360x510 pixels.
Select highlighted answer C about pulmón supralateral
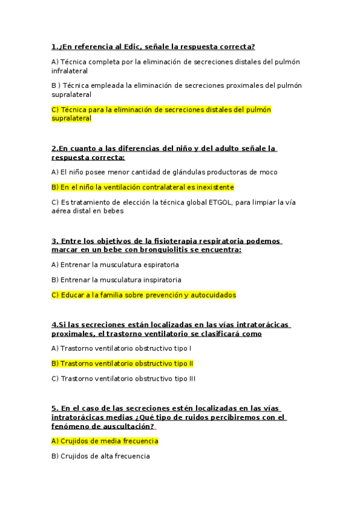153,110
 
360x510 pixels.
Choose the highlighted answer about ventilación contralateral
143,187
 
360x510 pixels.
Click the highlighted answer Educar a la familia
144,295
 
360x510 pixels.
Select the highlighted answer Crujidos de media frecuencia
105,441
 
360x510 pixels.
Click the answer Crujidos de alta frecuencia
101,456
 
